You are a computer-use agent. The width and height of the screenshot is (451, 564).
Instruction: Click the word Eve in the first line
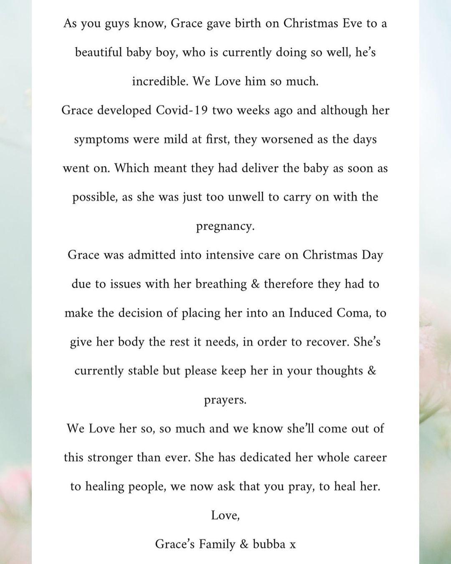coord(352,23)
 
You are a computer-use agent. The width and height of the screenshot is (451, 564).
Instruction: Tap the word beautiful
coord(99,52)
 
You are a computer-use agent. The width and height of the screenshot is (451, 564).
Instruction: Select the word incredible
coord(160,81)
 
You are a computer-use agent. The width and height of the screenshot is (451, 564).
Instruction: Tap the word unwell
coord(246,197)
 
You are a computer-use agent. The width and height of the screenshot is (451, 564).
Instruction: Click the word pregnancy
coord(225,227)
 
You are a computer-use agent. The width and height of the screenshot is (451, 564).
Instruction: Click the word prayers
coord(225,400)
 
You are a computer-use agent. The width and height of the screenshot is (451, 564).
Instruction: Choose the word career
coord(366,457)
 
